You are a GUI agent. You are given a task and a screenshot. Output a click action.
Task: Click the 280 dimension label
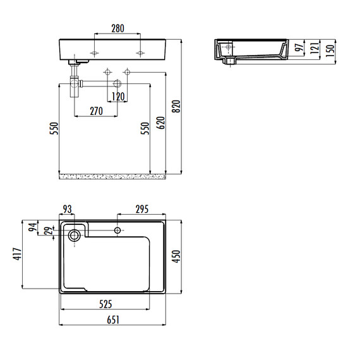tap(117, 28)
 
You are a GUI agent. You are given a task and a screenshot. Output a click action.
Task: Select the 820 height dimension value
tap(176, 106)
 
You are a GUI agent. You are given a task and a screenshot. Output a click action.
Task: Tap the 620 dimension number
tap(160, 123)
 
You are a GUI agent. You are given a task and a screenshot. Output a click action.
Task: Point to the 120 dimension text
tap(118, 97)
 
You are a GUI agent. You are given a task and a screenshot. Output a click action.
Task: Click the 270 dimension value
tap(97, 111)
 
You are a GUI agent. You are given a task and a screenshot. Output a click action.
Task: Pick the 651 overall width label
tap(113, 320)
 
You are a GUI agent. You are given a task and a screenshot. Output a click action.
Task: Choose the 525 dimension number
tap(105, 304)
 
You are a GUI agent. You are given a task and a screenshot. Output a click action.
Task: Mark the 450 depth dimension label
tap(176, 256)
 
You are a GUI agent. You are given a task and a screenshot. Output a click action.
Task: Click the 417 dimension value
tap(17, 254)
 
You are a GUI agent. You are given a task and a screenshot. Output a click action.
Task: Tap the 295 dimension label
tap(142, 209)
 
